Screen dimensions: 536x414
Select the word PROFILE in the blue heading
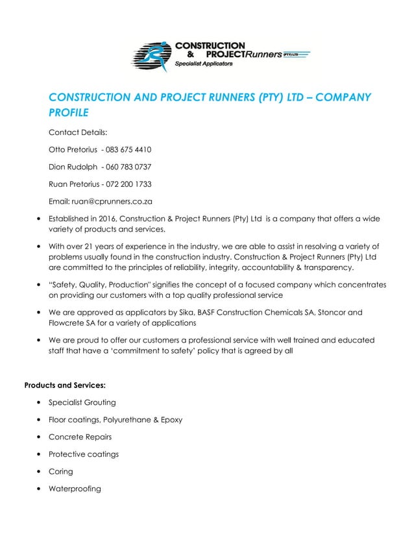click(69, 112)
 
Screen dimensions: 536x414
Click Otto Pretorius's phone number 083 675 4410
click(128, 150)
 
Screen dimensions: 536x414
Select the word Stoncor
click(334, 312)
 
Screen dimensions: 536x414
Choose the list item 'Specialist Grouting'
click(82, 403)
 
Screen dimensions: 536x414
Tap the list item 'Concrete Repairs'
click(80, 437)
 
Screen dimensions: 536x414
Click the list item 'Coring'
click(61, 471)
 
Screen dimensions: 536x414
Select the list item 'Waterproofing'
click(75, 488)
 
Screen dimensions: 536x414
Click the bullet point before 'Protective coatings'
click(41, 454)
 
